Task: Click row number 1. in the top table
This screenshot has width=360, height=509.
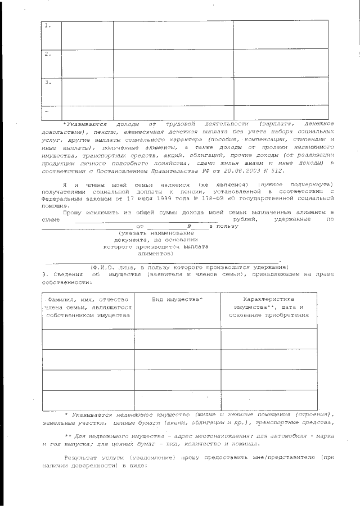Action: point(48,26)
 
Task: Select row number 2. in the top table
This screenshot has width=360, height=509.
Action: point(48,54)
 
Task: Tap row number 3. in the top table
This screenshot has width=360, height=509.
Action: point(48,82)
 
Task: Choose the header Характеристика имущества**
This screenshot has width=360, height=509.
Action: point(268,307)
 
